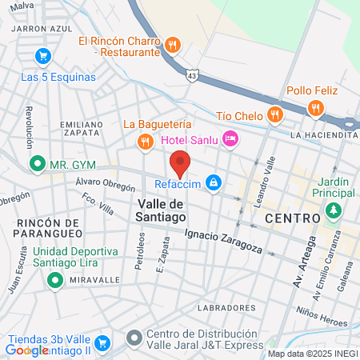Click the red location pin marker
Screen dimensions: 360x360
(181, 163)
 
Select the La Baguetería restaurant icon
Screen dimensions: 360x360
(144, 142)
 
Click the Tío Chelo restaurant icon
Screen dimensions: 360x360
(274, 114)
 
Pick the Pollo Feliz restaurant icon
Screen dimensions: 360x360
(317, 108)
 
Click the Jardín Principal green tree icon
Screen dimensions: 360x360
(333, 213)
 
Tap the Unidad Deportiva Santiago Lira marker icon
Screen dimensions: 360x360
(54, 280)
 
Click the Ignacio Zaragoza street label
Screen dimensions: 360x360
(222, 242)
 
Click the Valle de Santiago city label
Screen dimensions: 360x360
(157, 210)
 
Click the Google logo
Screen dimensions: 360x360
(26, 350)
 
